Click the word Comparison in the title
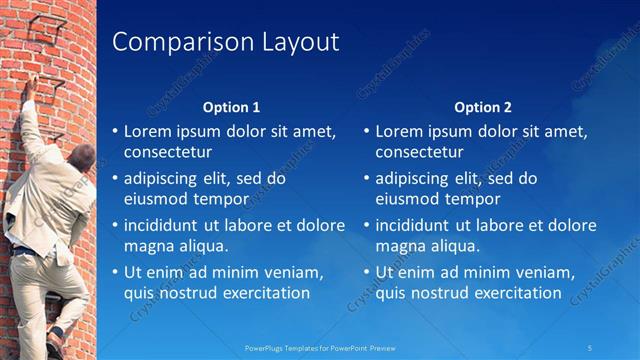click(x=169, y=42)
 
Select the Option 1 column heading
click(x=231, y=107)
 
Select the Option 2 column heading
click(x=482, y=107)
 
